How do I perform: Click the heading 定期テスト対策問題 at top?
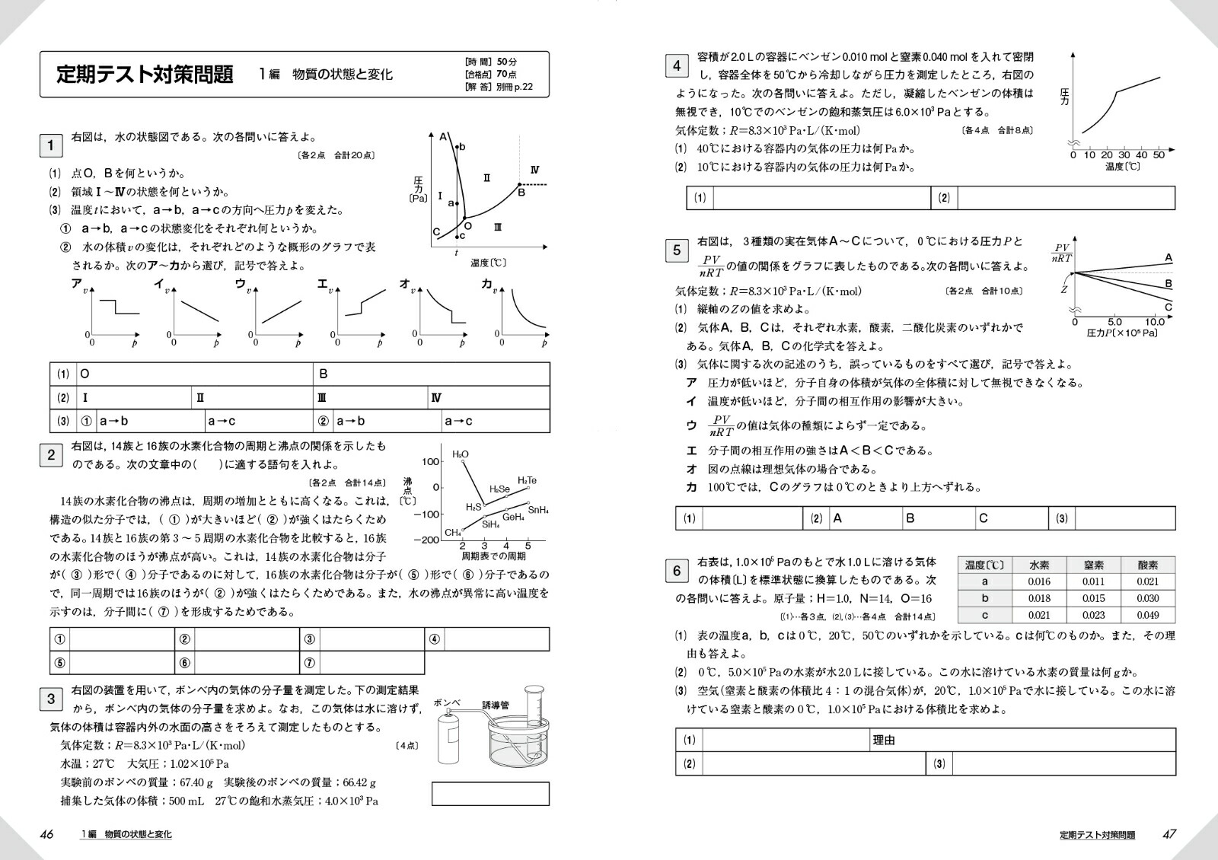point(145,75)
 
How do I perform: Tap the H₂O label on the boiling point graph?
point(461,454)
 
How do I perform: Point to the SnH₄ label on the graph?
point(538,510)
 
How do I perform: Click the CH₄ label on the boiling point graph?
point(453,533)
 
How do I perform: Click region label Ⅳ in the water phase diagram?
point(534,170)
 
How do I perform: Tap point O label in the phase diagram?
point(467,225)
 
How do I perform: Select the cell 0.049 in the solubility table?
point(1147,615)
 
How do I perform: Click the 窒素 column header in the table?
point(1093,565)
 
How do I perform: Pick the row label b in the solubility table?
point(985,598)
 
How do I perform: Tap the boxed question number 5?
point(677,250)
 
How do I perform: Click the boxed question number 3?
point(51,699)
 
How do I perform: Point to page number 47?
point(1169,834)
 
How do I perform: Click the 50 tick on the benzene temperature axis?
point(1159,155)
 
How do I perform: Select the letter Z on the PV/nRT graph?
point(1063,289)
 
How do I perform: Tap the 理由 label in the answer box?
point(884,740)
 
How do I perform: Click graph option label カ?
point(486,284)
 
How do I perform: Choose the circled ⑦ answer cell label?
point(309,663)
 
